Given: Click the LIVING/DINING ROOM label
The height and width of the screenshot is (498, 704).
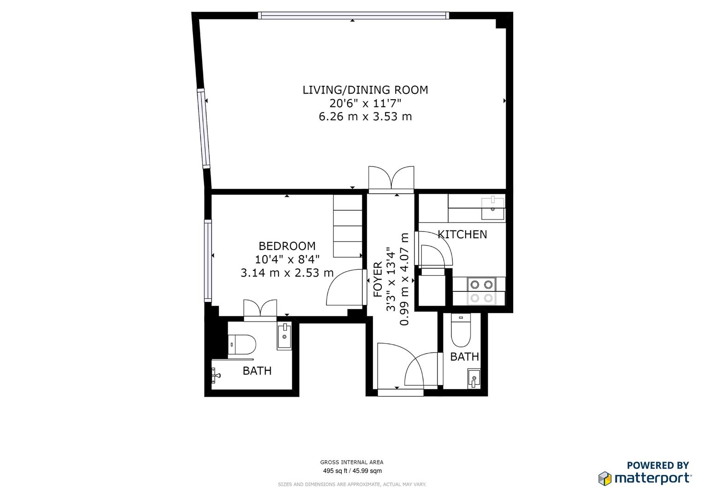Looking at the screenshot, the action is click(x=365, y=90).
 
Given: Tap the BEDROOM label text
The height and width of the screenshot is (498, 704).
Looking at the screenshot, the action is click(x=287, y=246).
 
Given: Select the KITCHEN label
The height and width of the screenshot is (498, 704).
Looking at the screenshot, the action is click(x=462, y=235).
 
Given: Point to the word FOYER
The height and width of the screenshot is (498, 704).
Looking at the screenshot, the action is click(x=378, y=279).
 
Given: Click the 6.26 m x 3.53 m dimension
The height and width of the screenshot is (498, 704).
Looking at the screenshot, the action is click(x=365, y=117).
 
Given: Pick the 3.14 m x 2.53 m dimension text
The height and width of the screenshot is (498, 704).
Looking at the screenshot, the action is click(x=287, y=273).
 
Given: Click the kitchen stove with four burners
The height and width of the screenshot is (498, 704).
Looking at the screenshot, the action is click(x=481, y=291).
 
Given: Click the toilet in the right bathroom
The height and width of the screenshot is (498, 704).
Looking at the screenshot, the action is click(x=461, y=330).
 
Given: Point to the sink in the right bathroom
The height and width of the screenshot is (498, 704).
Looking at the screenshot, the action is click(x=473, y=379).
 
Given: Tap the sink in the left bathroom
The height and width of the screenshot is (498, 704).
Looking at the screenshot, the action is click(x=284, y=335).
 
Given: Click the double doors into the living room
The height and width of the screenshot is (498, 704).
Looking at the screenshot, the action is click(x=391, y=179).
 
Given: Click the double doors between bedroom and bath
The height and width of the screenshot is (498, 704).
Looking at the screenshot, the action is click(x=260, y=310).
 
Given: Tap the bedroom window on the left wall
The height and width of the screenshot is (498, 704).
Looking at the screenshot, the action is click(x=208, y=261).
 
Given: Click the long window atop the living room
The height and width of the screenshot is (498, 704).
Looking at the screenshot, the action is click(x=354, y=15).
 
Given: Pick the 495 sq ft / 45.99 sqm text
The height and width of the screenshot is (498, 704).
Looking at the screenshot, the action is click(x=352, y=471).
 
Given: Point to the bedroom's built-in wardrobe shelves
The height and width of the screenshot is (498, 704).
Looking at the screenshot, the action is click(x=348, y=226).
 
